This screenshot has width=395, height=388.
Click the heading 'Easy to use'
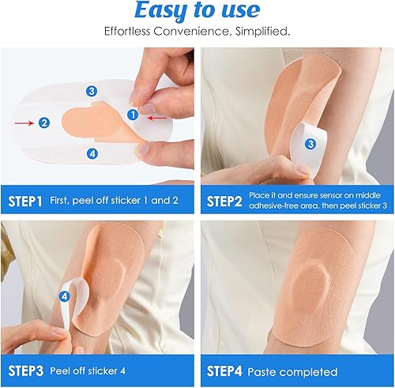197,11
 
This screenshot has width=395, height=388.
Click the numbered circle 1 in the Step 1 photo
132,115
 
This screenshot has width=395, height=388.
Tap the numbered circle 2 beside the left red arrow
44,122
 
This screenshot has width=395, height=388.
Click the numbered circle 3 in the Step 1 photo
92,91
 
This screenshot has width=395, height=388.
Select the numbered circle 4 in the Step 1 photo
92,153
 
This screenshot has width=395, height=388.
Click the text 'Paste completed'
292,371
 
